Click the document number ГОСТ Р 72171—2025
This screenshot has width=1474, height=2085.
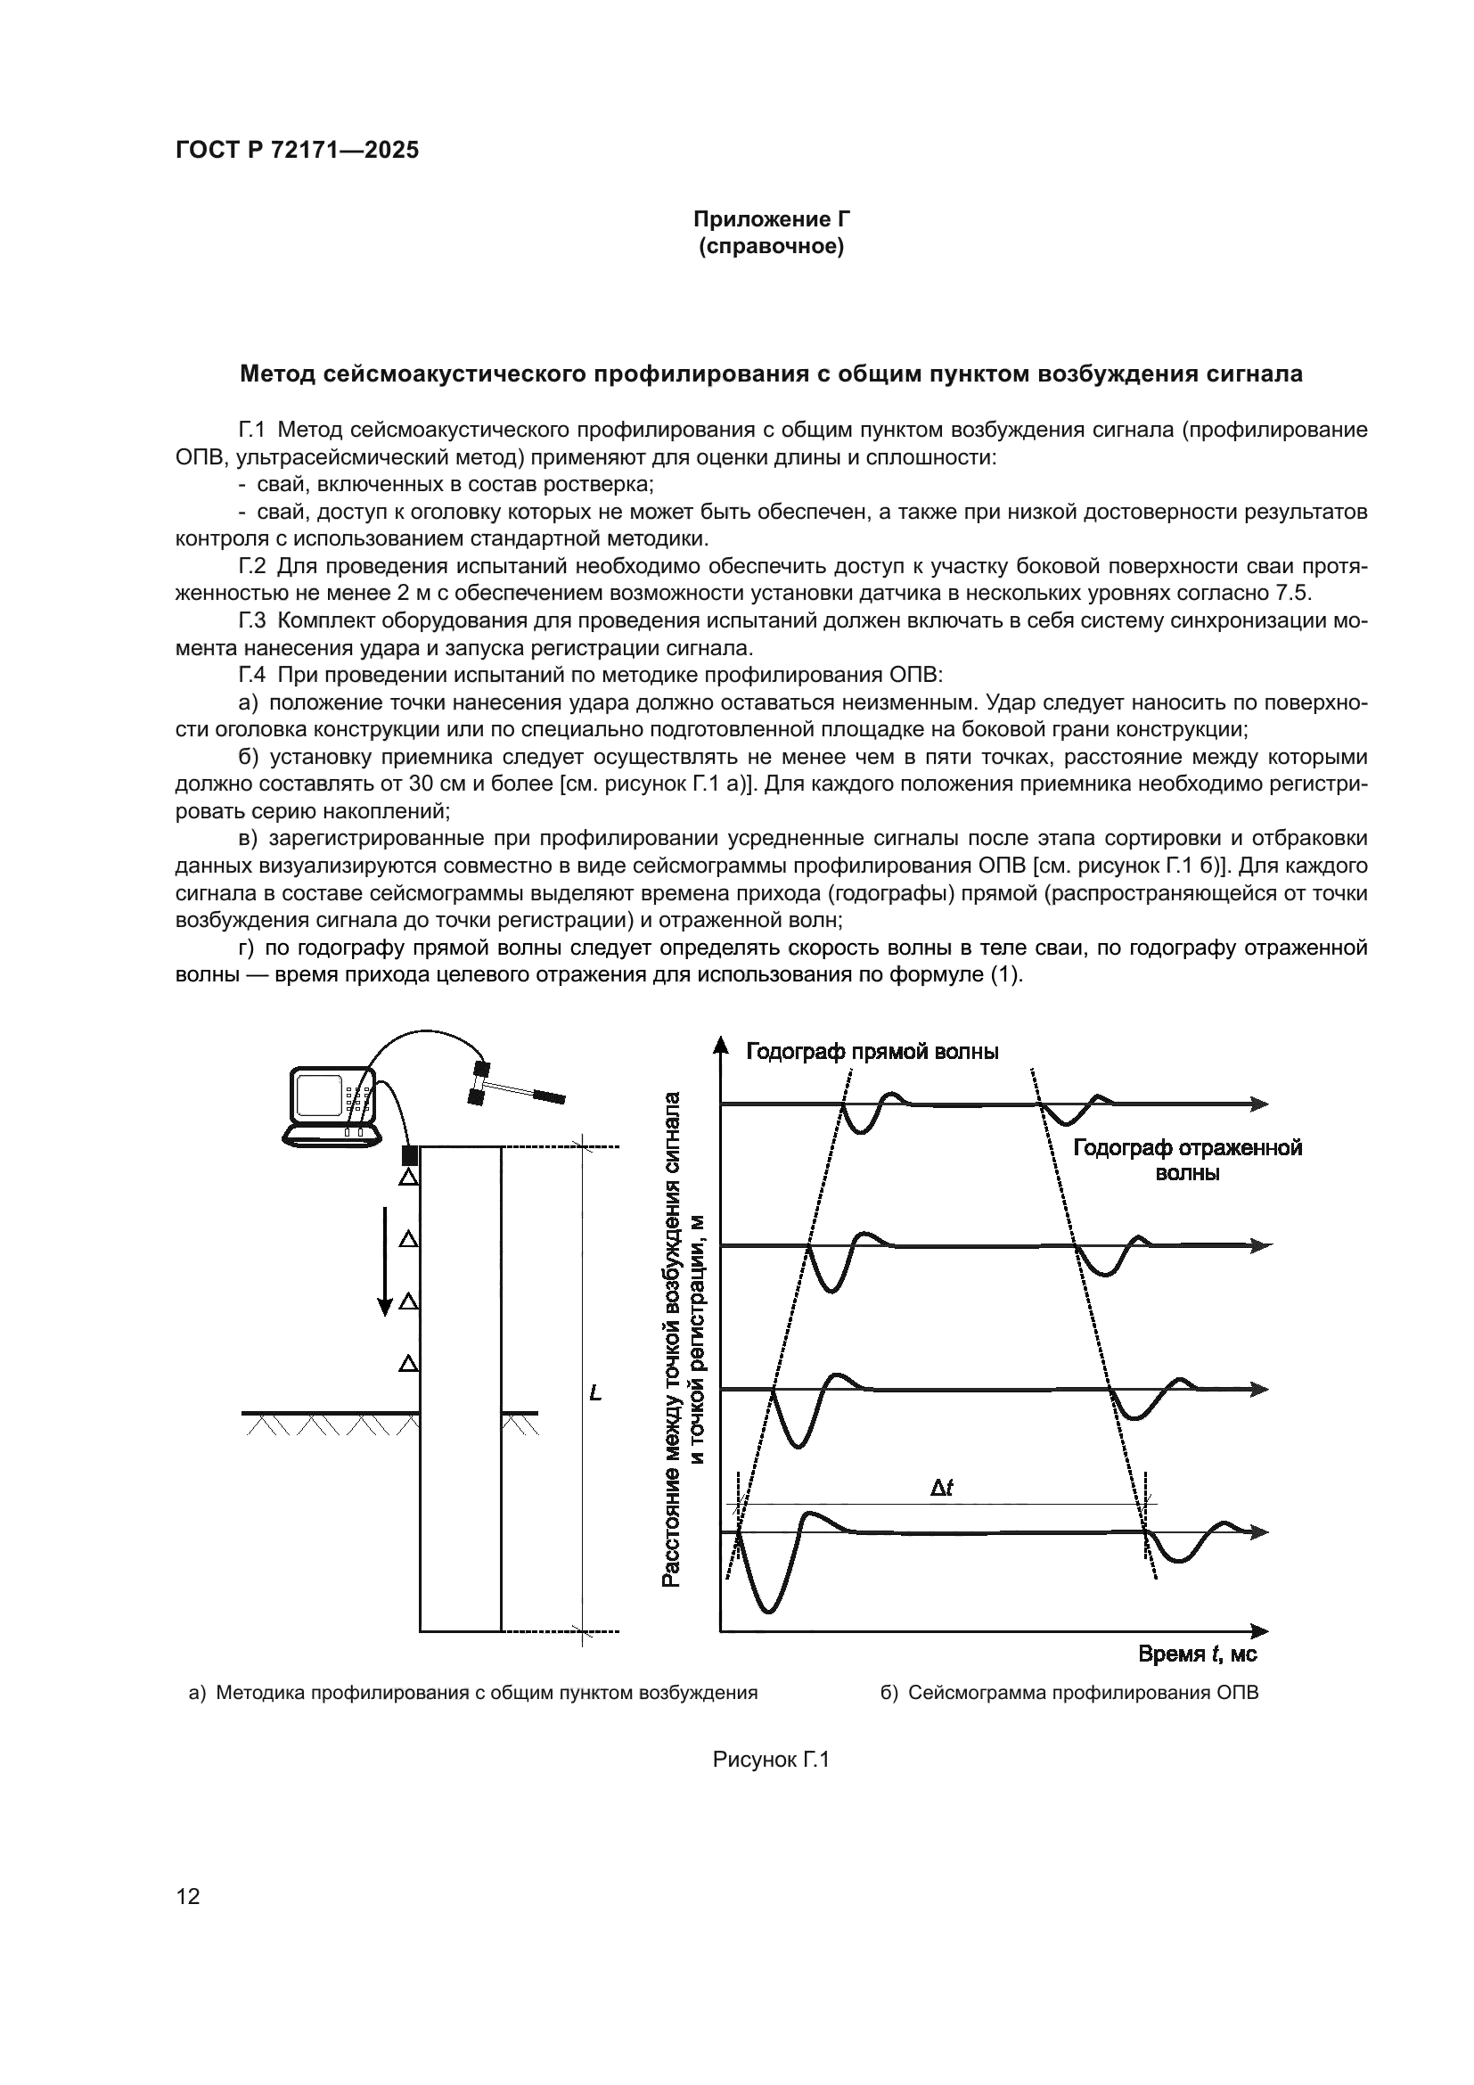tap(297, 151)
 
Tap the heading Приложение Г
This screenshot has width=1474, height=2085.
tap(772, 220)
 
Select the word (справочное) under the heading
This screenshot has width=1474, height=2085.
tap(772, 247)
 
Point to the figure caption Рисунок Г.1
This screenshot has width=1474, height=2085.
tap(772, 1760)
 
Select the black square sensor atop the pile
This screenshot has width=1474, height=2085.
tap(409, 1155)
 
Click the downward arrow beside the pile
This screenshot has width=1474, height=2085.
tap(385, 1262)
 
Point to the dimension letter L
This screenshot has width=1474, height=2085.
tap(595, 1393)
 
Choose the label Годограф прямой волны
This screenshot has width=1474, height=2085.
tap(872, 1052)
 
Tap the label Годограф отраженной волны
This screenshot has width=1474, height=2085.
tap(1187, 1161)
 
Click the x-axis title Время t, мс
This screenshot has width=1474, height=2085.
tap(1197, 1654)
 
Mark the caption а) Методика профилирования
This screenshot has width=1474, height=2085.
tap(473, 1693)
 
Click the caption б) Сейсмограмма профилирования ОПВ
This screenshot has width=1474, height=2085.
tap(1069, 1693)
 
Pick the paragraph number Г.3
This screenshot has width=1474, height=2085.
tap(252, 621)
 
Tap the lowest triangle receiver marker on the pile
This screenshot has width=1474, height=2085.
tap(409, 1362)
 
